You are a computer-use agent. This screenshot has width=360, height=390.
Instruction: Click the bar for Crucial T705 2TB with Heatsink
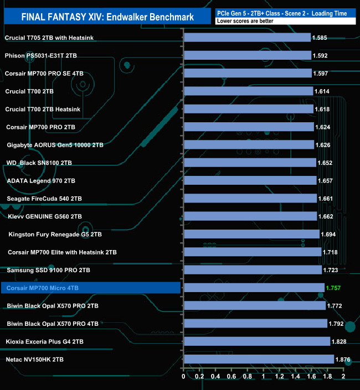[246, 38]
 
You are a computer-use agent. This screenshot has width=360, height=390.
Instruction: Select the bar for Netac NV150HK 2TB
[259, 360]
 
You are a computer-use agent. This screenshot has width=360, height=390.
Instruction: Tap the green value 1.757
[335, 288]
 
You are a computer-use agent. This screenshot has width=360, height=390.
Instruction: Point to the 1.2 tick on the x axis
[279, 377]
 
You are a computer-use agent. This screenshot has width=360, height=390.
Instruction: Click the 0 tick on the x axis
[183, 377]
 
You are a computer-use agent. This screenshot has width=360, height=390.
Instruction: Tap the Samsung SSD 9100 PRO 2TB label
[49, 270]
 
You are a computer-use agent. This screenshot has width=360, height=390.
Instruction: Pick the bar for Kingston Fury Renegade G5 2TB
[251, 234]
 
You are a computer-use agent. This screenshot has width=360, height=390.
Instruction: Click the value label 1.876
[343, 360]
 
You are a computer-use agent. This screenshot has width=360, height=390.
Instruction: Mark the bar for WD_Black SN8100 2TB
[249, 163]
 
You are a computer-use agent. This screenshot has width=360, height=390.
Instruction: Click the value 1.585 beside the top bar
[320, 38]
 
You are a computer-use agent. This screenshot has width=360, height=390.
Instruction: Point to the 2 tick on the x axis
[343, 377]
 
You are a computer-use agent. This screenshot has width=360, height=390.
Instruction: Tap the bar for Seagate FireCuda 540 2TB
[250, 199]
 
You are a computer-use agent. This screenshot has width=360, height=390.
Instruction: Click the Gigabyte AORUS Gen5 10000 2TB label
[55, 145]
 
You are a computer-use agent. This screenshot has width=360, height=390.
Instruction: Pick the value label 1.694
[329, 235]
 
